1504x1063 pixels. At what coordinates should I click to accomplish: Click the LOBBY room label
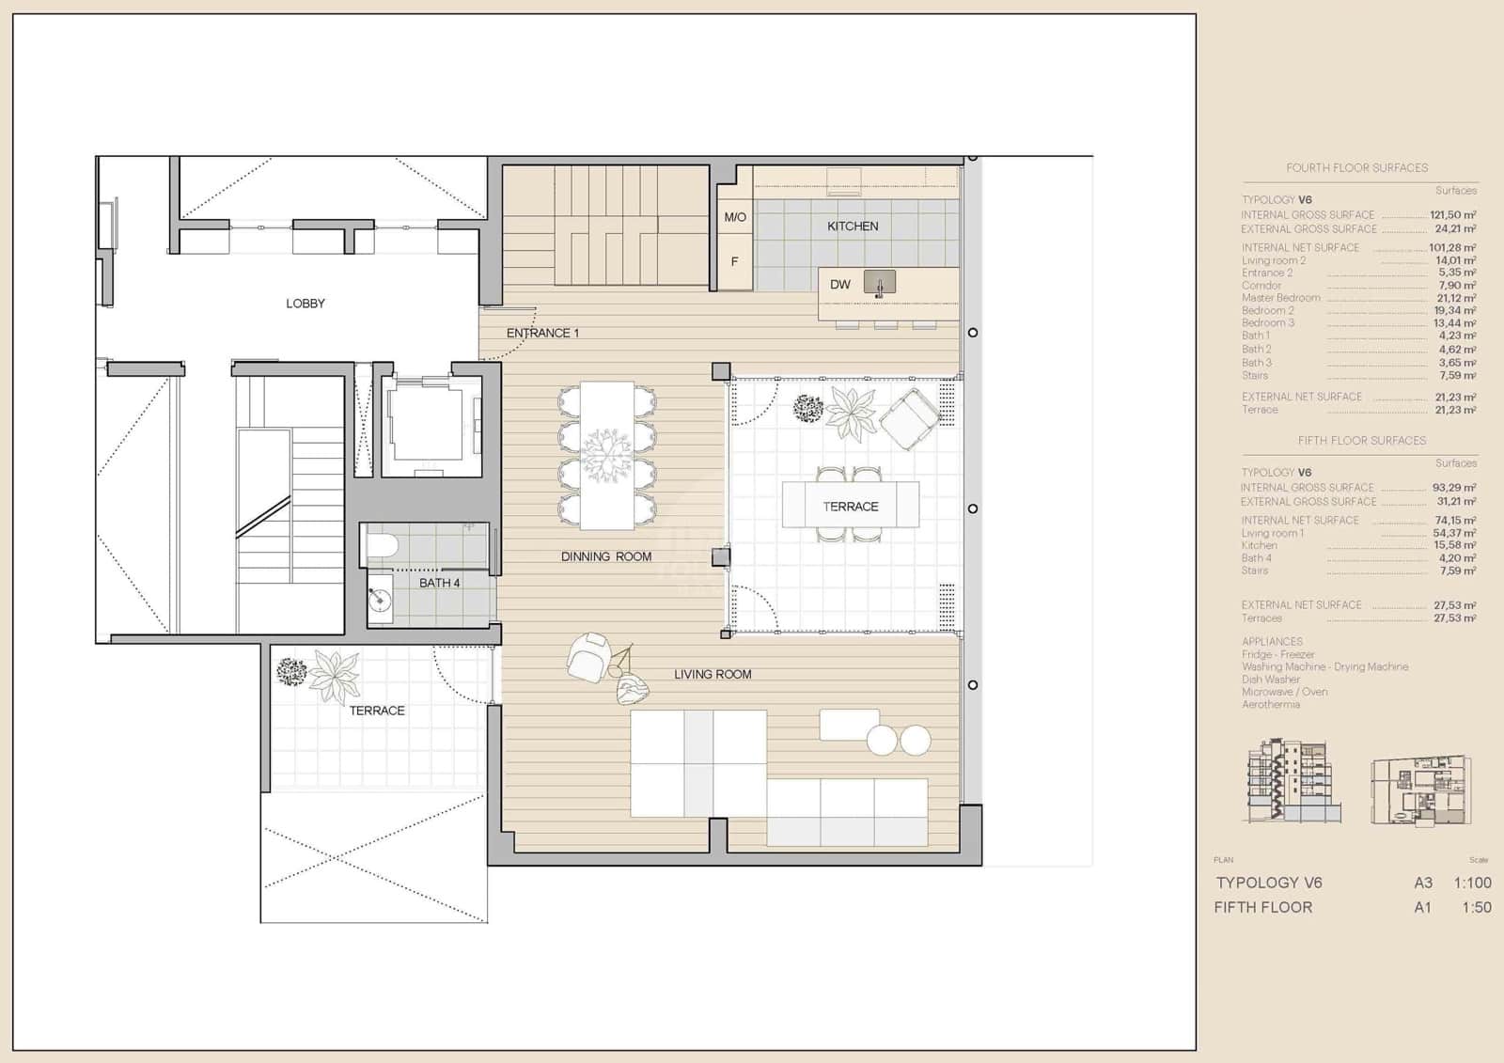coord(305,304)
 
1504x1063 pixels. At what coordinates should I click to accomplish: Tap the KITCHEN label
coord(853,227)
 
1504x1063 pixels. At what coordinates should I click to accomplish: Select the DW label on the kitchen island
coord(839,285)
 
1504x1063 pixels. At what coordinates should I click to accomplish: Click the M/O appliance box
coord(735,217)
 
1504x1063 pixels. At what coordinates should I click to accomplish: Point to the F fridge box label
coord(735,261)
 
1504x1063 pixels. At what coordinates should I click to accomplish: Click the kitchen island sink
coord(880,283)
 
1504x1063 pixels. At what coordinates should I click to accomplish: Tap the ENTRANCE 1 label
coord(542,333)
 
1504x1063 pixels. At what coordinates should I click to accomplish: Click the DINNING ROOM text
coord(606,556)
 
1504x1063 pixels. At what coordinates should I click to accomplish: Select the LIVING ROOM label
coord(713,674)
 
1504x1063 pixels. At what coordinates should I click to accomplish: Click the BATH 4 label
coord(439,583)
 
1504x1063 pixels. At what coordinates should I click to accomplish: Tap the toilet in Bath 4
coord(383,545)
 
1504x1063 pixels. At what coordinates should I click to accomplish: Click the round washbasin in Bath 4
coord(381,598)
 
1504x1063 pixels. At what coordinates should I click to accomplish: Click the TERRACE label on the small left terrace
coord(377,711)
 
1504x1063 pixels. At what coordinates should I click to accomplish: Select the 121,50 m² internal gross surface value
coord(1452,215)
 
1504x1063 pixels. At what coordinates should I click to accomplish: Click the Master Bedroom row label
coord(1280,298)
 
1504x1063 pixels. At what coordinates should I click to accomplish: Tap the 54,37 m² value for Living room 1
coord(1453,533)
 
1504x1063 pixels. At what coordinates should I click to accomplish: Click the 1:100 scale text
coord(1472,883)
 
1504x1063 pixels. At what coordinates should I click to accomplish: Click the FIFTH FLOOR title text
coord(1262,907)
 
